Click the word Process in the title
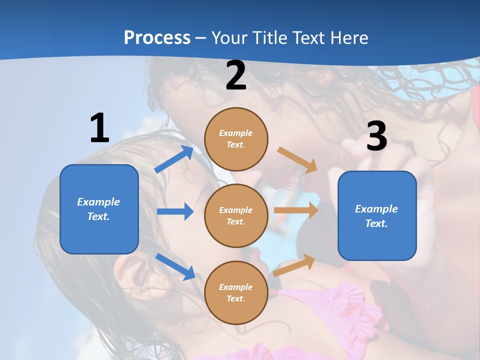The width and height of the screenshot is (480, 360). pyautogui.click(x=157, y=37)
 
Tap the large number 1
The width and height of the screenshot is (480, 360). pyautogui.click(x=99, y=128)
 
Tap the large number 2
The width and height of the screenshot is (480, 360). pyautogui.click(x=236, y=76)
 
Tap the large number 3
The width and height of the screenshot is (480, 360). pyautogui.click(x=376, y=136)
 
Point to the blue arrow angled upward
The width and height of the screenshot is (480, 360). pyautogui.click(x=174, y=159)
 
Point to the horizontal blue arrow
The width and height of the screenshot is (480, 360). pyautogui.click(x=175, y=211)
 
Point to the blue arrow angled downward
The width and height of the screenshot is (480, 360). pyautogui.click(x=175, y=266)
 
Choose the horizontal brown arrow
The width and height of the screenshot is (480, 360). pyautogui.click(x=295, y=210)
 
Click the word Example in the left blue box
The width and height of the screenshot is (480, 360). pyautogui.click(x=98, y=202)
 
